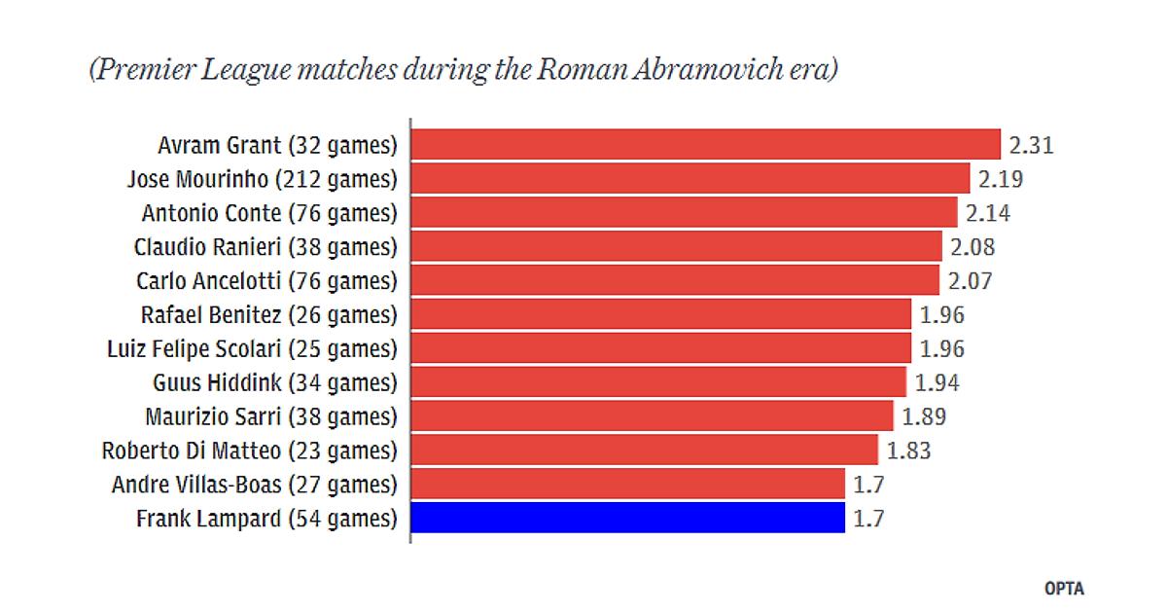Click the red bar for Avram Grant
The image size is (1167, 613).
tap(705, 145)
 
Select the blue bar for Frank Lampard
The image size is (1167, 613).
tap(627, 518)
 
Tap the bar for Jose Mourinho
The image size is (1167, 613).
tap(690, 179)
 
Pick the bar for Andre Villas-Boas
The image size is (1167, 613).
tap(627, 484)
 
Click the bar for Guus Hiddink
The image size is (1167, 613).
tap(658, 381)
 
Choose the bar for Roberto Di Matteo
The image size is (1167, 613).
tap(644, 451)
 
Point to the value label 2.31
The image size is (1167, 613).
tap(1032, 146)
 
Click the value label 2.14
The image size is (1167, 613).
tap(989, 213)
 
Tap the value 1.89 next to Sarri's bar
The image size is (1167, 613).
tap(924, 416)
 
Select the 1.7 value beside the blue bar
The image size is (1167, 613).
tap(868, 519)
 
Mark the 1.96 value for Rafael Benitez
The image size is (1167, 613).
tap(941, 315)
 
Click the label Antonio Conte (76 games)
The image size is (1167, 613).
tap(269, 213)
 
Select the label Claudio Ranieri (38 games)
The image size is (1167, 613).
tap(265, 247)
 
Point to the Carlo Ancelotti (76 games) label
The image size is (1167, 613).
tap(267, 281)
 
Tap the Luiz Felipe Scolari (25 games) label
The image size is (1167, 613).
tap(252, 348)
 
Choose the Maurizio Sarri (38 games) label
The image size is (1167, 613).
tap(271, 416)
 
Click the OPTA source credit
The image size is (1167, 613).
tap(1064, 589)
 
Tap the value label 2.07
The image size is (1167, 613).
tap(969, 281)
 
